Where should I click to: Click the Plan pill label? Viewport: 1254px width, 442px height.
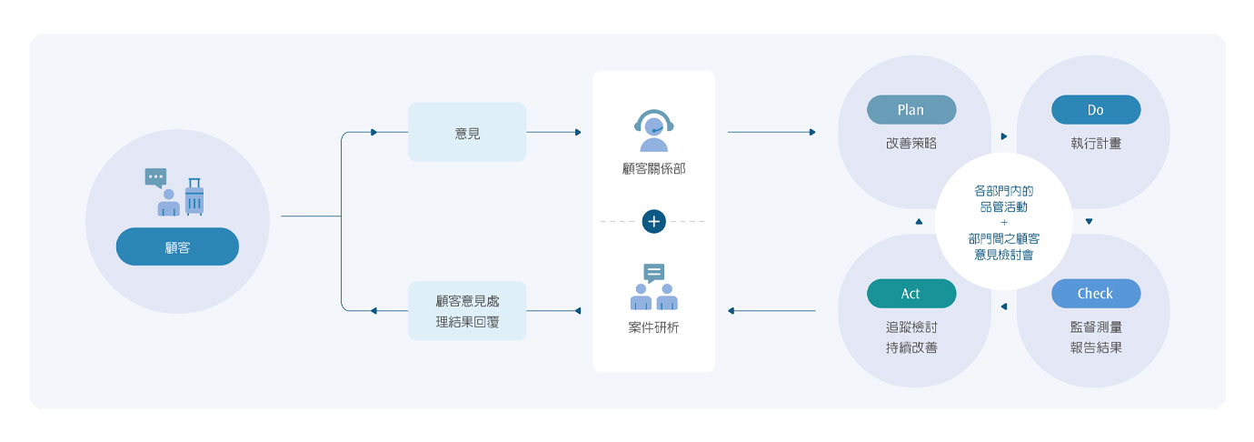911,110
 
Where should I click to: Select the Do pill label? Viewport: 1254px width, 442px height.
1096,110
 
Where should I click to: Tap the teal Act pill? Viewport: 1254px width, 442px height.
911,294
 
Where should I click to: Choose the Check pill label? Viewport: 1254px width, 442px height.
1096,294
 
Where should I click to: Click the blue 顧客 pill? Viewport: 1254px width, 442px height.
177,246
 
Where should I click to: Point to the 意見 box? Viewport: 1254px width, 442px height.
467,132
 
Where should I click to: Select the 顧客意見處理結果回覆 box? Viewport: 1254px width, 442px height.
467,311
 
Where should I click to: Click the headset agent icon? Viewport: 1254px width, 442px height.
654,131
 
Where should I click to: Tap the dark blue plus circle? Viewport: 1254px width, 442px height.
654,221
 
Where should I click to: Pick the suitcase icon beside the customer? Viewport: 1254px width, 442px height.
194,197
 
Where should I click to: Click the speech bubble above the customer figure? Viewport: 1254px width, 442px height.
155,177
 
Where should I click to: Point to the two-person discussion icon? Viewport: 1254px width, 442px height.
654,286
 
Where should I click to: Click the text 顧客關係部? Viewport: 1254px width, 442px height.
654,168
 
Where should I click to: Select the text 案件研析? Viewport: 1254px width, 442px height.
654,327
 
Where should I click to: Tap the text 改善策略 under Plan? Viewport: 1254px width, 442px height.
911,144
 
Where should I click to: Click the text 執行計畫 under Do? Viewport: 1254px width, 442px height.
1096,144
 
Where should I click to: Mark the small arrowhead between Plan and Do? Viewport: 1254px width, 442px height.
1004,136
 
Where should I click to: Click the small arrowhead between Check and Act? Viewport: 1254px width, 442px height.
1004,306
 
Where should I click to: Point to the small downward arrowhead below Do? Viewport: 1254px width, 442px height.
1089,221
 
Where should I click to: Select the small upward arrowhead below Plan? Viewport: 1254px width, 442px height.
919,221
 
